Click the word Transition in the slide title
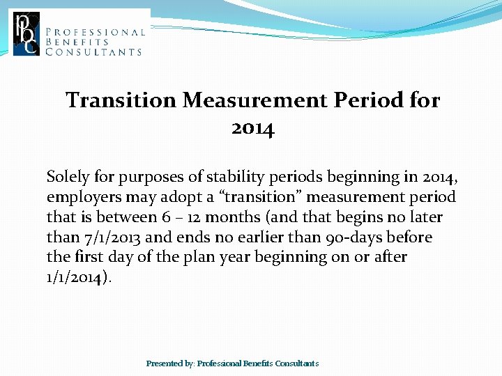point(121,100)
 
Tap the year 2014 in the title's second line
point(252,129)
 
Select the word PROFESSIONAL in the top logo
point(96,32)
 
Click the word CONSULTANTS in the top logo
point(93,52)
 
